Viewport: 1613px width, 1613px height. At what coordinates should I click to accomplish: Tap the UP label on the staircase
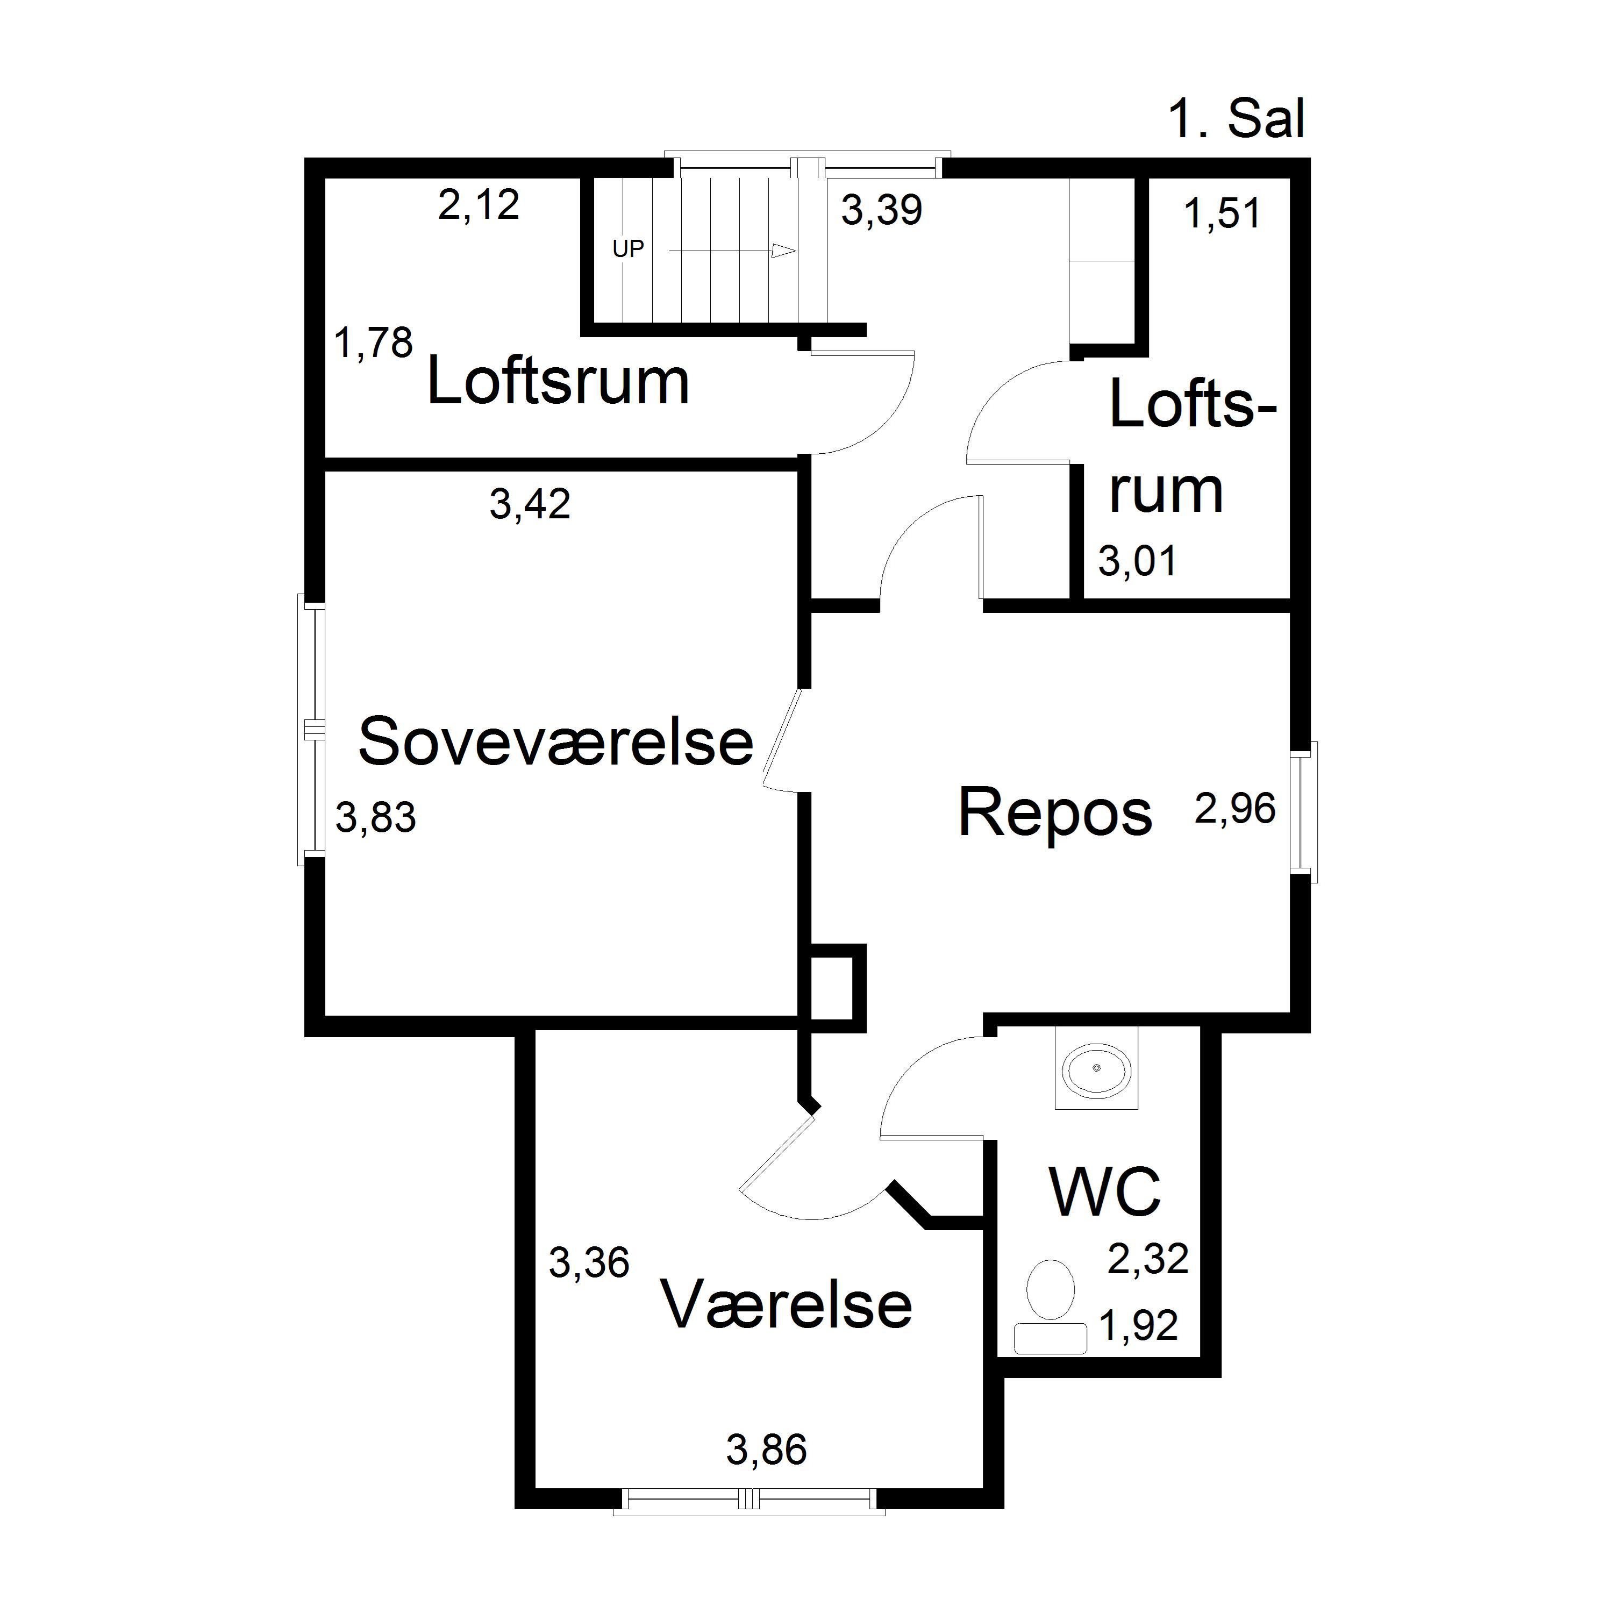pos(628,249)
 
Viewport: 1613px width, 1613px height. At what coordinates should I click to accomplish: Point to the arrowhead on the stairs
pos(783,251)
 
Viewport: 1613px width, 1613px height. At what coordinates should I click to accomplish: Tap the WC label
pos(1104,1191)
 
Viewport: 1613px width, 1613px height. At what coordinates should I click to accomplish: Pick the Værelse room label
pos(787,1304)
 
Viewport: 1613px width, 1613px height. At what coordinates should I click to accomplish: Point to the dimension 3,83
pos(376,817)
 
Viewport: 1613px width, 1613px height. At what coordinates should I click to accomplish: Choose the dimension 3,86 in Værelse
pos(766,1450)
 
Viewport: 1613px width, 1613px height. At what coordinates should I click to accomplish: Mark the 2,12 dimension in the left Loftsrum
pos(479,204)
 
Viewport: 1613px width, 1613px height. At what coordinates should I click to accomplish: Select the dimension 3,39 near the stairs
pos(882,210)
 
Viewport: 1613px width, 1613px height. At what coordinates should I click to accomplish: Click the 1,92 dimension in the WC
pos(1139,1325)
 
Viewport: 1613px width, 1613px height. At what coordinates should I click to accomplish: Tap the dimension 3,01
pos(1137,561)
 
